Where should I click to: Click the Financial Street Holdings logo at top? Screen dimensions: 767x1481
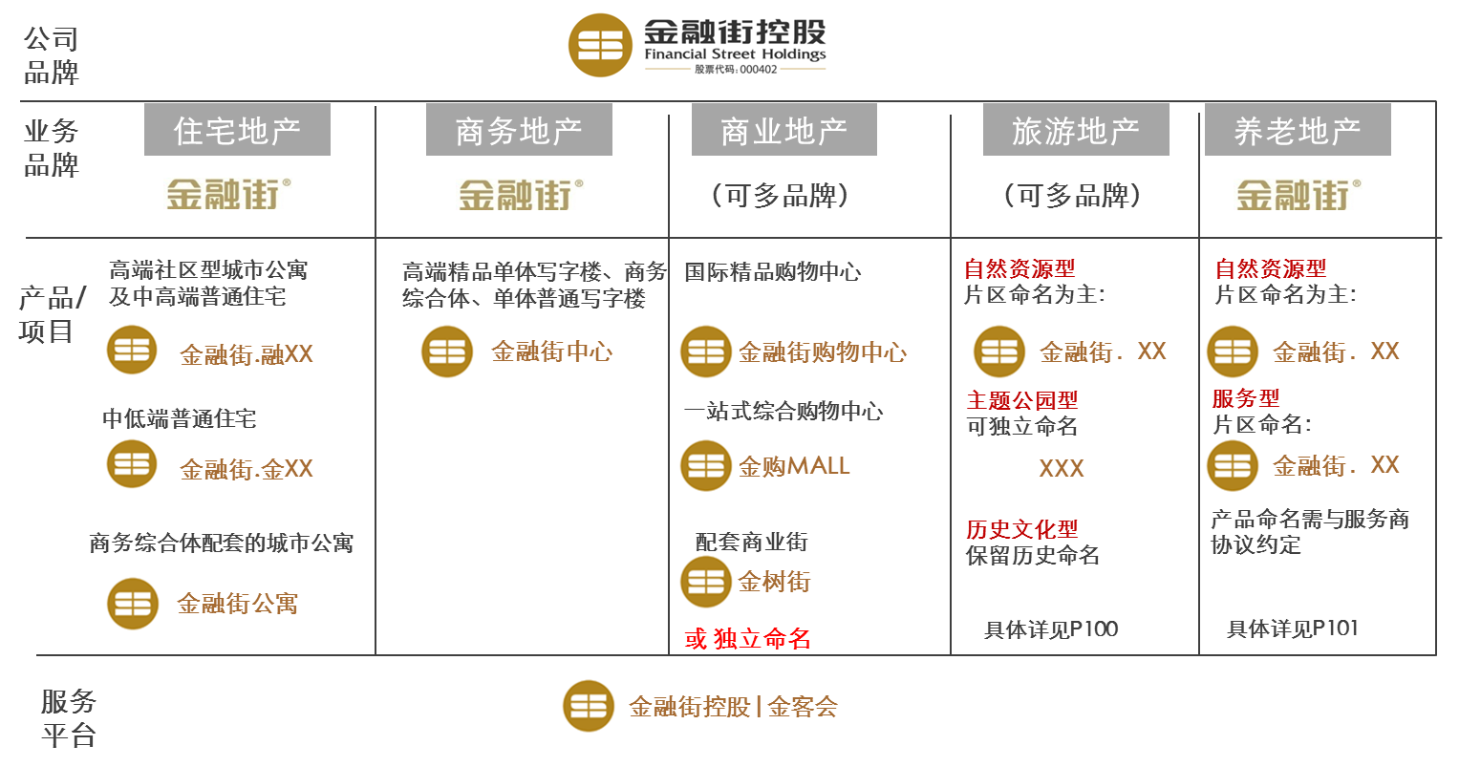click(699, 43)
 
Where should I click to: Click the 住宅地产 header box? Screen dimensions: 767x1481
click(237, 130)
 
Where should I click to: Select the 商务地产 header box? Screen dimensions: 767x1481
click(519, 130)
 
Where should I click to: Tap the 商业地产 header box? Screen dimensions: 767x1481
click(783, 130)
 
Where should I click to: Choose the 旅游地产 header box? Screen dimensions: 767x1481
click(1076, 130)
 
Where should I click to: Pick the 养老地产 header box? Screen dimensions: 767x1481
click(1297, 130)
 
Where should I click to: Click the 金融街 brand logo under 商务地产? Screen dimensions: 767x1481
click(520, 195)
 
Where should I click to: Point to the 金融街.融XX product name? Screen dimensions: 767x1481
click(247, 354)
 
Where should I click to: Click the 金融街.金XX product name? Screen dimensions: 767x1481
click(247, 469)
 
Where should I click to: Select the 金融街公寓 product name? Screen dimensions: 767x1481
click(238, 604)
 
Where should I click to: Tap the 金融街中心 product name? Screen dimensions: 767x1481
click(551, 352)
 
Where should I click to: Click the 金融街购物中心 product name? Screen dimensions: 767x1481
click(823, 352)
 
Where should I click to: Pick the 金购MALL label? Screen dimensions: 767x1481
click(794, 466)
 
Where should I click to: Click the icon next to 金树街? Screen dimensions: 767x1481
click(704, 582)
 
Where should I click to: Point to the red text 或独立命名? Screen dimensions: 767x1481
click(747, 639)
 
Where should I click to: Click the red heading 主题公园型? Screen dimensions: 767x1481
click(1021, 400)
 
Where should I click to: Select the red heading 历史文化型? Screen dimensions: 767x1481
click(1021, 529)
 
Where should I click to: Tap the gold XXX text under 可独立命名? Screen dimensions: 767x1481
click(1062, 469)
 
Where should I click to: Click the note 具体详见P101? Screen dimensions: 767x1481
click(1292, 629)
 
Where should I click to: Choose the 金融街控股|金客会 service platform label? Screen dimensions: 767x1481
click(733, 707)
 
